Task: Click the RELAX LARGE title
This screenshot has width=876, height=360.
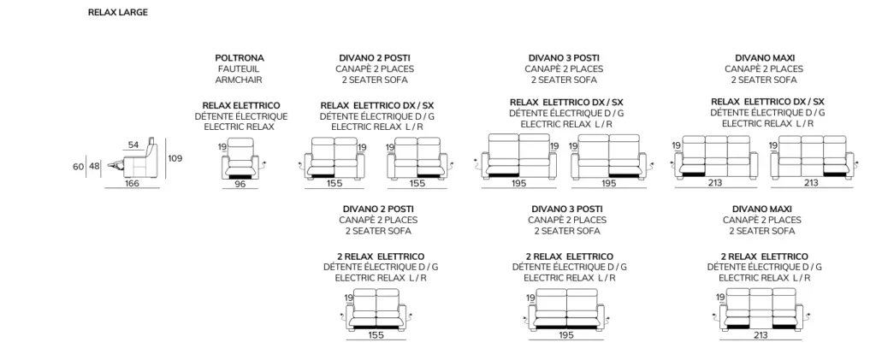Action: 118,12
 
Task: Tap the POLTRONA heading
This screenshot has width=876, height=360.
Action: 240,58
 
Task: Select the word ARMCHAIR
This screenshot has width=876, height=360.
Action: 240,80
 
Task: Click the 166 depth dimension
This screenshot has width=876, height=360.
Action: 132,183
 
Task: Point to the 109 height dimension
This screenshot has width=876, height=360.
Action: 175,158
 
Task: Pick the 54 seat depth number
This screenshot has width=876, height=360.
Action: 133,145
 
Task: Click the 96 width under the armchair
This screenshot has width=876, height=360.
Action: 240,184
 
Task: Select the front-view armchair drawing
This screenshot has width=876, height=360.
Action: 240,159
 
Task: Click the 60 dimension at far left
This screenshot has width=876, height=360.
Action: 78,167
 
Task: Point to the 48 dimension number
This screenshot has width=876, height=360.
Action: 94,167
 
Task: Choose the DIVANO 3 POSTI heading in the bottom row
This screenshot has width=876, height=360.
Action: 567,210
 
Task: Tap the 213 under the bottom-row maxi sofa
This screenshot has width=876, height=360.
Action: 761,335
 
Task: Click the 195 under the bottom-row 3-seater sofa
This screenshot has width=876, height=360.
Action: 566,335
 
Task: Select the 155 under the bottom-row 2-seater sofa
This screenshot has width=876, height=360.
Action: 376,335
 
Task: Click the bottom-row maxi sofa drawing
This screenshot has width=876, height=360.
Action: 761,310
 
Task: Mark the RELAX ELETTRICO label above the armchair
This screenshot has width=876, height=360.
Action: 241,105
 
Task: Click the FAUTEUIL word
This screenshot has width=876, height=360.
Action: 240,69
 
